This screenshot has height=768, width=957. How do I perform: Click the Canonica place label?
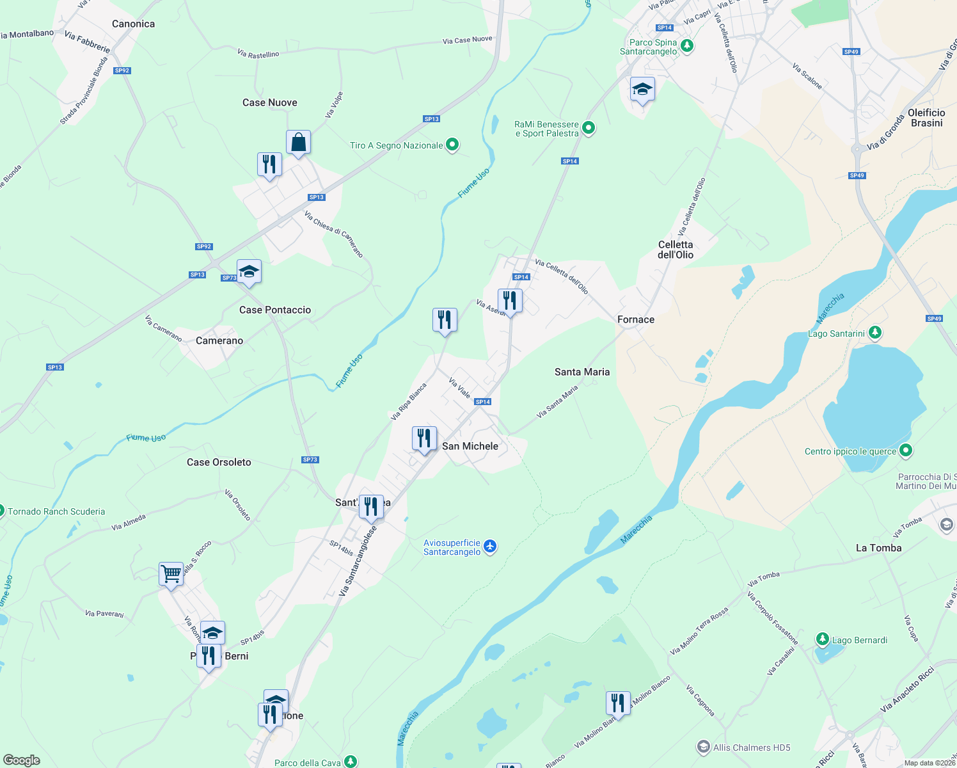[x=133, y=24]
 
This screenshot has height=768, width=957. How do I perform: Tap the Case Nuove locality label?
[x=269, y=102]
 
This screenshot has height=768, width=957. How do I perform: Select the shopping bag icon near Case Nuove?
[x=298, y=142]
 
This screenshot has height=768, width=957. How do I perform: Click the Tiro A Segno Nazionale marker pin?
[x=452, y=145]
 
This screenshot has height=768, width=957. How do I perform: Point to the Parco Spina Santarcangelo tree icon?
[x=687, y=46]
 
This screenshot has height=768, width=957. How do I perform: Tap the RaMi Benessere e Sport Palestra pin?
[x=589, y=128]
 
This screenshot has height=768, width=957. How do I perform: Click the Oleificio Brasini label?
[x=926, y=118]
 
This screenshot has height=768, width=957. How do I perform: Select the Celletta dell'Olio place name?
[x=676, y=250]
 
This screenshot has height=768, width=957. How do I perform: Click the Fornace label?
[x=635, y=319]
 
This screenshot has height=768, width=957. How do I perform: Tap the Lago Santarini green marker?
[x=875, y=333]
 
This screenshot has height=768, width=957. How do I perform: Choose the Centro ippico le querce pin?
[x=905, y=451]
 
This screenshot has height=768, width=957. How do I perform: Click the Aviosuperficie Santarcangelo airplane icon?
[x=490, y=547]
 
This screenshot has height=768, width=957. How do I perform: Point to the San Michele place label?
[x=470, y=446]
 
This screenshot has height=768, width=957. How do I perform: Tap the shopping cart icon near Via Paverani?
[x=171, y=573]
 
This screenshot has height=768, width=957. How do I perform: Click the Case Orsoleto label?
[x=219, y=462]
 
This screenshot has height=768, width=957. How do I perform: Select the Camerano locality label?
[x=219, y=340]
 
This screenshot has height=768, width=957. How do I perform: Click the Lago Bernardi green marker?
[x=823, y=639]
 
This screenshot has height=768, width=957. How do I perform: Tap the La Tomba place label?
[x=878, y=548]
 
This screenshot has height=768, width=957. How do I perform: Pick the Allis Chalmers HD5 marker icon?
[x=703, y=747]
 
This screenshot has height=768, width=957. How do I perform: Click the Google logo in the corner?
[x=21, y=760]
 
